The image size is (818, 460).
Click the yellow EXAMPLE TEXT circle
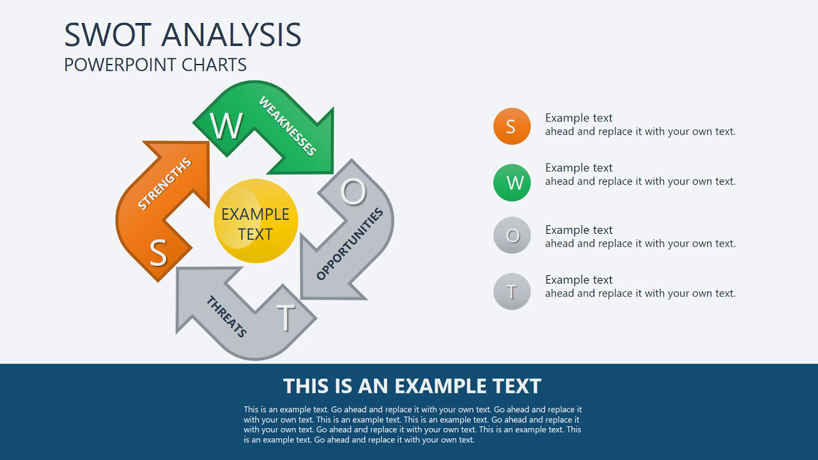[x=256, y=221]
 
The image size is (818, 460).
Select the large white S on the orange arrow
[x=158, y=253]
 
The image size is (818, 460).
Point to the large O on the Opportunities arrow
[x=353, y=191]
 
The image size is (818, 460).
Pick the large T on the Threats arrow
[x=286, y=317]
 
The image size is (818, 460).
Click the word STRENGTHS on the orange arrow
[x=164, y=184]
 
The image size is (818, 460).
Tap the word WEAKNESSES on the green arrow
[x=288, y=126]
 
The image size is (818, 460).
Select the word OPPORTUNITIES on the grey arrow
[x=350, y=244]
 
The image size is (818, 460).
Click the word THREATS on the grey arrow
[x=226, y=316]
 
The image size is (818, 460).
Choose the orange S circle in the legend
[x=512, y=126]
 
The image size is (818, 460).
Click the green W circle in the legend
[x=512, y=183]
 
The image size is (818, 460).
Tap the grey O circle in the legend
[x=512, y=236]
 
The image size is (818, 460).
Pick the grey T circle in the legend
[x=512, y=292]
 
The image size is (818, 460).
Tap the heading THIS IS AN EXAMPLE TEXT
[x=412, y=386]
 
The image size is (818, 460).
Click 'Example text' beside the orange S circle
[x=578, y=118]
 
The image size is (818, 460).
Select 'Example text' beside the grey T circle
[x=578, y=280]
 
